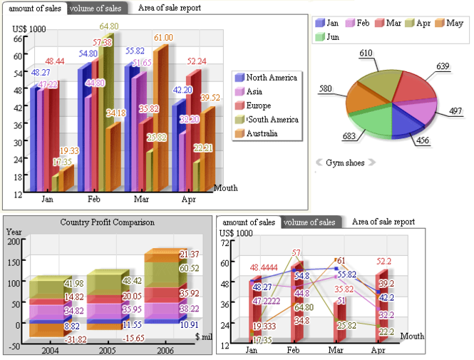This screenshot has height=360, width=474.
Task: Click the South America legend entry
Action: tap(269, 120)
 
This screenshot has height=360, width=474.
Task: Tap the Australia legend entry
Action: tap(262, 133)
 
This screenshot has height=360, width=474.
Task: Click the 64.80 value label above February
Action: tap(109, 26)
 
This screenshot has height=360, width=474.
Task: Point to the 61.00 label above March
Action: tap(163, 38)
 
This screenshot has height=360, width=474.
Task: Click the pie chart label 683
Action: tap(329, 135)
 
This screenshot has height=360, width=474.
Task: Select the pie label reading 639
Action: tap(443, 66)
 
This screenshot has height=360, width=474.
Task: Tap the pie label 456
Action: tap(423, 140)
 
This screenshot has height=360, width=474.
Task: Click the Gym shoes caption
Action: tap(345, 163)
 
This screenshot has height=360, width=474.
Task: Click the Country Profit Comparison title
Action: tap(107, 222)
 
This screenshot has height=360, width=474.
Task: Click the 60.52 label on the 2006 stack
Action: tap(189, 269)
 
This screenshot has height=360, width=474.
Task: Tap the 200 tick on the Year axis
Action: tap(14, 242)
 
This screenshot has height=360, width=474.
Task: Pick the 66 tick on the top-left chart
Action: tap(18, 39)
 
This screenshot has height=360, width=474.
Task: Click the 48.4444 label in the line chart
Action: tap(263, 267)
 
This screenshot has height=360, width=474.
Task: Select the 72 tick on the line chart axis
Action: tap(225, 244)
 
